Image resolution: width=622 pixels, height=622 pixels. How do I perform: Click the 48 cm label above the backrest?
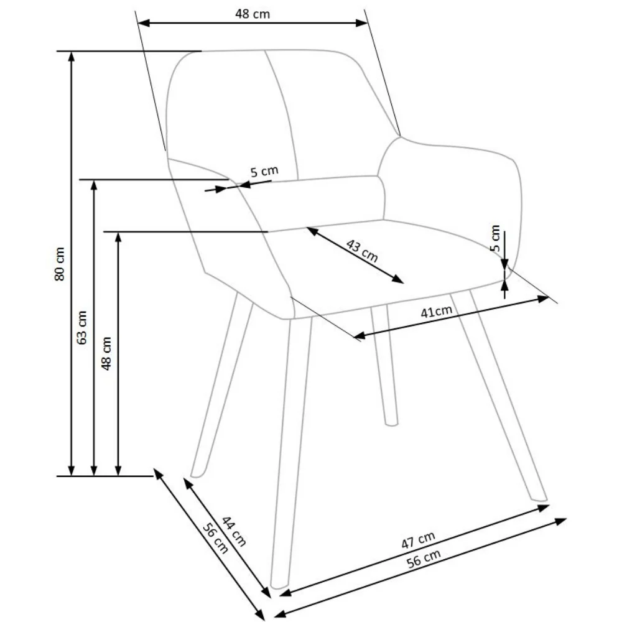(x=253, y=14)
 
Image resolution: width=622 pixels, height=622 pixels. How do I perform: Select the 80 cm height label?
(x=60, y=264)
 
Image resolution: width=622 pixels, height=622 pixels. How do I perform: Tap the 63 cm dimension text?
(x=82, y=327)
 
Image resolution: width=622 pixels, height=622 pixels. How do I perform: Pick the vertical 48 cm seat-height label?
(x=106, y=353)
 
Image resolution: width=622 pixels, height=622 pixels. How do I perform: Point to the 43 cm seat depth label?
(x=362, y=251)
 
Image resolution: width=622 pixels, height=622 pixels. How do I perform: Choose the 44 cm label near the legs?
(x=234, y=531)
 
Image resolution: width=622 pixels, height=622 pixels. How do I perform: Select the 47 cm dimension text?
(x=418, y=540)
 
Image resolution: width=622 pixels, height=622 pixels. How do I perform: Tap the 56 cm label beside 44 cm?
(x=215, y=538)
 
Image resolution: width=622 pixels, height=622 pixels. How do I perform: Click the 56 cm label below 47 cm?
(x=424, y=559)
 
